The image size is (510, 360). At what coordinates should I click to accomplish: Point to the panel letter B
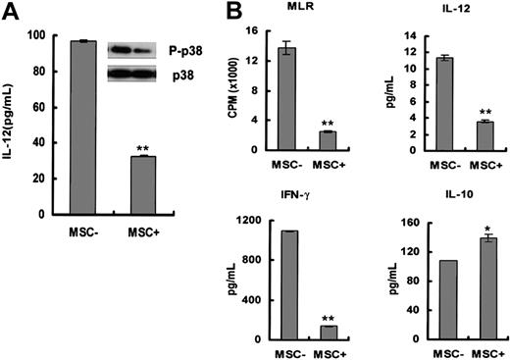[x=236, y=12]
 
